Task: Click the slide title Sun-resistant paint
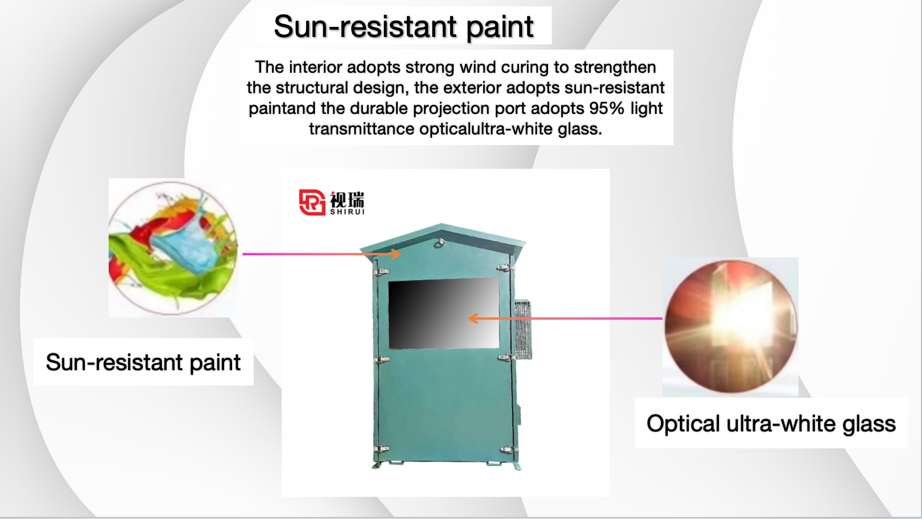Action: point(404,26)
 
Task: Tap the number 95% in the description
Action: point(607,108)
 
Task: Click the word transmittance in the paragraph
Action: point(361,129)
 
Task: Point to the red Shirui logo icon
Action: point(312,203)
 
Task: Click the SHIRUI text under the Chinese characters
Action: point(347,212)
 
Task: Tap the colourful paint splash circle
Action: point(173,248)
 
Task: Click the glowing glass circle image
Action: point(731,326)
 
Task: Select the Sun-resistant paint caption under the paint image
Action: point(143,362)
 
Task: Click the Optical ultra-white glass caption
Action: point(771,424)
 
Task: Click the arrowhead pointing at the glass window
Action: point(474,318)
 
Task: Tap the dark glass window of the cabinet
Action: point(444,313)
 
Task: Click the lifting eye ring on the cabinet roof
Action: point(441,242)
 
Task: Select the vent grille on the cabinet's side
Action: point(523,330)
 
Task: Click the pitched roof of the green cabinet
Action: point(442,238)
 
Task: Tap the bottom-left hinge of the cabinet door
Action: point(381,449)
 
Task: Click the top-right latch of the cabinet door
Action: point(505,268)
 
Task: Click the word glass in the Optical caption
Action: point(869,424)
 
